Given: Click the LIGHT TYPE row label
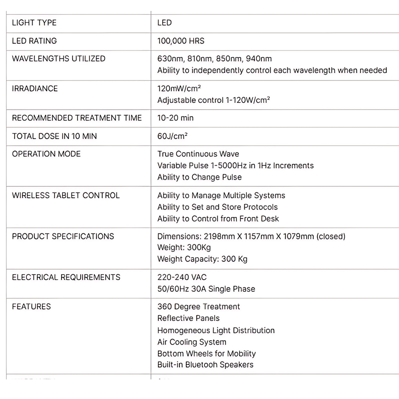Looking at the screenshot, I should coord(34,23).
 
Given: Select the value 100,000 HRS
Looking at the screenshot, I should coord(181,41).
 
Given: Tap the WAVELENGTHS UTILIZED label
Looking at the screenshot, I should coord(59,59).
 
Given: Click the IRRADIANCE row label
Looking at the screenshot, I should coord(35,88).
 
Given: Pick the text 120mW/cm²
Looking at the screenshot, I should coord(179,88).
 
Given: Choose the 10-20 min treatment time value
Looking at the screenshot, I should coord(175,118).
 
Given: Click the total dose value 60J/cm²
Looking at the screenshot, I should coord(173,136).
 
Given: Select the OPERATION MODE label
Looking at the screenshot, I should coord(46,154).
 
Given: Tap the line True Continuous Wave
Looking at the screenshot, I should coord(198,154).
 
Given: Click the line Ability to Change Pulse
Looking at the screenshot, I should coord(199,177).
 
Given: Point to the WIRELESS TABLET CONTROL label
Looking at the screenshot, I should coord(66,195).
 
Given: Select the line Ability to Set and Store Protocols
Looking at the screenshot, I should coord(217,207).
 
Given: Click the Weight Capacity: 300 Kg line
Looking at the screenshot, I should coord(202,259).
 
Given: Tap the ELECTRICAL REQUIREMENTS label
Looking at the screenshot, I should coord(66,277).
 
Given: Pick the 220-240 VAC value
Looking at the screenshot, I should coord(182,277).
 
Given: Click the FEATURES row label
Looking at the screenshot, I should coord(31,307).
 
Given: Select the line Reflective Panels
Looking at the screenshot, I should coord(189,318).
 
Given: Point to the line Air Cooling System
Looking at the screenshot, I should coord(192,342).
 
